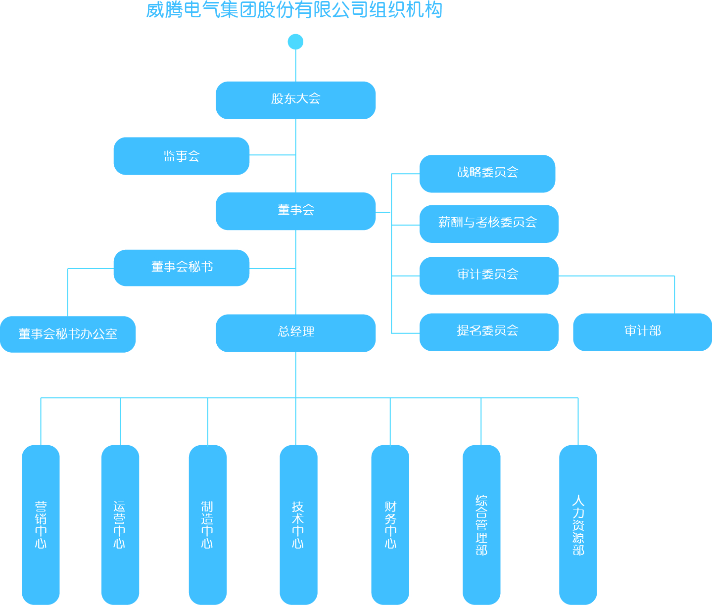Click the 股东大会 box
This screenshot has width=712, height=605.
pos(295,100)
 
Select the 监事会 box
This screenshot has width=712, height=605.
pos(182,156)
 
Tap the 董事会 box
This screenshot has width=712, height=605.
pos(295,211)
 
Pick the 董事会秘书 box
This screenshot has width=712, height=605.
pos(182,268)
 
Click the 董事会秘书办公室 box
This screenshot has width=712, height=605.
pos(68,334)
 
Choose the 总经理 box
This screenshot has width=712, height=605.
pos(295,333)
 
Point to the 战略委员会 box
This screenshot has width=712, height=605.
pos(487,173)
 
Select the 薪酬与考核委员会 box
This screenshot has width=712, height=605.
pos(489,224)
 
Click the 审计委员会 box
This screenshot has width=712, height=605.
pos(489,276)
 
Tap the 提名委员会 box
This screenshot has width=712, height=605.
pos(489,332)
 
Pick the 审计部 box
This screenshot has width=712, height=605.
pos(642,332)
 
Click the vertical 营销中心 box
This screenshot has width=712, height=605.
pos(41,524)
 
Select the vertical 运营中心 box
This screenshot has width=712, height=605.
pos(120,524)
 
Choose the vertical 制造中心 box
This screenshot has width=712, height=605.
pos(208,524)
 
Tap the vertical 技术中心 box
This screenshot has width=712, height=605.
pos(298,524)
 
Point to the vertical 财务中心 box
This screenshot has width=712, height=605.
pos(390,524)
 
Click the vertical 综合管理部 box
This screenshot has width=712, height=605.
pos(481,524)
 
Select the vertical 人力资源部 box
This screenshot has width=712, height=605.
pos(578,524)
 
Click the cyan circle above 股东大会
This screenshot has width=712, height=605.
pos(295,42)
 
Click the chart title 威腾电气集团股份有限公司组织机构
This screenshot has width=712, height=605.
pos(294,10)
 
